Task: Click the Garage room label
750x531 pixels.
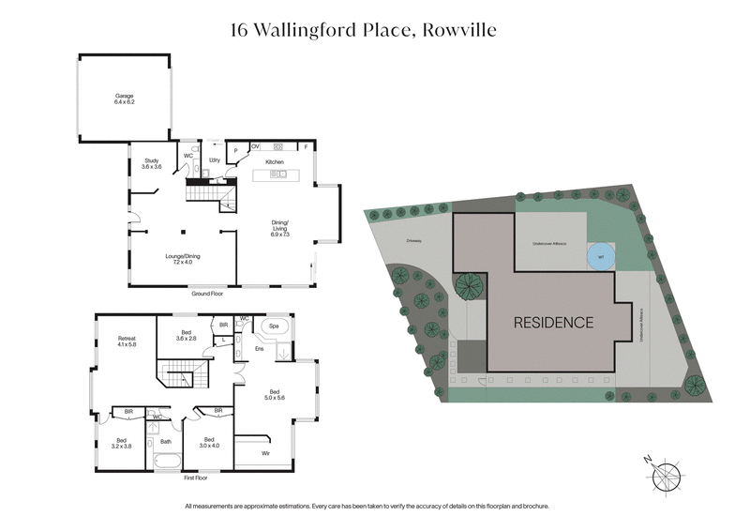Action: (x=125, y=99)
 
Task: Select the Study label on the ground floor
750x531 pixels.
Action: (x=152, y=163)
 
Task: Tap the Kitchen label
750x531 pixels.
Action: (x=274, y=162)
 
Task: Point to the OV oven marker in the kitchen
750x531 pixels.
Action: (x=255, y=146)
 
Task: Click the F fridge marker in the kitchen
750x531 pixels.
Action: (x=306, y=146)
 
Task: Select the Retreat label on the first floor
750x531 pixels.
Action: (x=127, y=341)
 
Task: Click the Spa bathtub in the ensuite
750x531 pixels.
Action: (x=275, y=327)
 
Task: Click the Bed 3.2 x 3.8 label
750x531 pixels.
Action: (x=122, y=443)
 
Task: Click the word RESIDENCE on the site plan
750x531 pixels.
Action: (x=553, y=323)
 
